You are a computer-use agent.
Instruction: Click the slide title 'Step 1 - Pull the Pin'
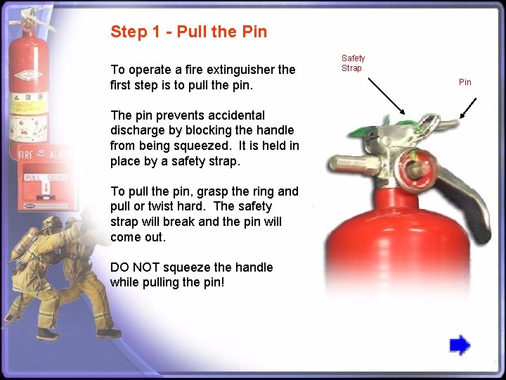(188, 32)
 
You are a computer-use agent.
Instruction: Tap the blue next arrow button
(460, 345)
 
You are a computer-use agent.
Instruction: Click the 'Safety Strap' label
(353, 63)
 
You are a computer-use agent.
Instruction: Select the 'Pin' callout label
(465, 82)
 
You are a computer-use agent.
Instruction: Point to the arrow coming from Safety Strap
(386, 95)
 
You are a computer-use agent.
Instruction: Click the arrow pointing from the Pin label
(467, 108)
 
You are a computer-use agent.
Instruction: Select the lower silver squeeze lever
(471, 204)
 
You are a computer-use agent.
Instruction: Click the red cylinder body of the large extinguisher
(394, 260)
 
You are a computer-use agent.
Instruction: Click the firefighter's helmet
(51, 224)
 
